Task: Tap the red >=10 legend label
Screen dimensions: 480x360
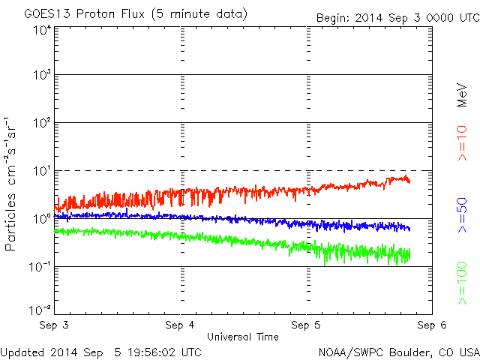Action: pos(462,143)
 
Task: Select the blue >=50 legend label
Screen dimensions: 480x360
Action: pos(462,215)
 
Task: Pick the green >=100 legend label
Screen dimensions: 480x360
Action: pos(462,283)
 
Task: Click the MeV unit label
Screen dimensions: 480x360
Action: pos(462,95)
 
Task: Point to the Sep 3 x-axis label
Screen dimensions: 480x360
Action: pos(54,325)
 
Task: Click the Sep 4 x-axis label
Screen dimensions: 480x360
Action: pos(180,325)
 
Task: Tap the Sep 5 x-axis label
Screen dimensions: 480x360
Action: pos(306,325)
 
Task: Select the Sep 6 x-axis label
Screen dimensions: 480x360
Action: pos(432,325)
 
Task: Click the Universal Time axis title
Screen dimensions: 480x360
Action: pos(243,337)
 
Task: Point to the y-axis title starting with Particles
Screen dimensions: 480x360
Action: pos(10,184)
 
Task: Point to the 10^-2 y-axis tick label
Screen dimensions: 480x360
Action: pos(40,310)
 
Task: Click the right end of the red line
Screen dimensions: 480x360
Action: pos(409,181)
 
